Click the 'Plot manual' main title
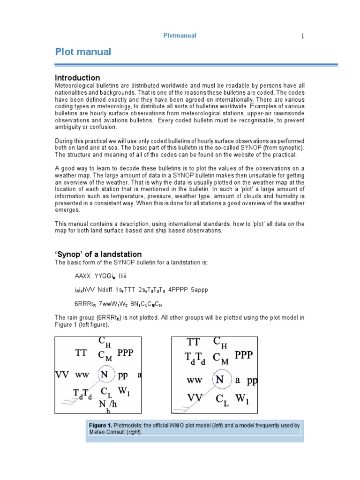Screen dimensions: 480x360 [83, 52]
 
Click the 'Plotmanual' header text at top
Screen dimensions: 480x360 [180, 36]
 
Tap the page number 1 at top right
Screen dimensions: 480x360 [303, 36]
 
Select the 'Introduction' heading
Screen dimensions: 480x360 [77, 78]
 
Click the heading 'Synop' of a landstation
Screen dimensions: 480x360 [98, 254]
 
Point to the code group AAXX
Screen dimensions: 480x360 [83, 276]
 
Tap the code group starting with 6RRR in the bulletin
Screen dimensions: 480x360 [84, 304]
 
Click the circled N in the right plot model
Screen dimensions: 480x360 [219, 380]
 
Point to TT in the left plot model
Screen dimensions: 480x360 [81, 353]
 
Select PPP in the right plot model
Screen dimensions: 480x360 [244, 355]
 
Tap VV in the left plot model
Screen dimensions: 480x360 [62, 375]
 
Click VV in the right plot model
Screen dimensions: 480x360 [195, 398]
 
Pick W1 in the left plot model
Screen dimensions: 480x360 [124, 390]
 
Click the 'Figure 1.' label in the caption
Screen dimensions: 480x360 [101, 426]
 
